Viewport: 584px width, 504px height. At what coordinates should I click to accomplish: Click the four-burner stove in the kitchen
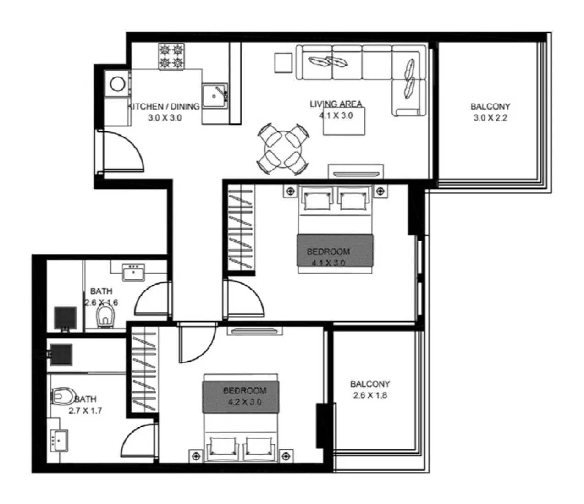(x=171, y=57)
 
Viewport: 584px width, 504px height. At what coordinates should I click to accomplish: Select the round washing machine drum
(x=117, y=84)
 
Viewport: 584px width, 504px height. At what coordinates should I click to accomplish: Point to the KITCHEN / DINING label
(x=164, y=106)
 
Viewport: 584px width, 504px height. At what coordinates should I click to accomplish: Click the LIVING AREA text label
(x=336, y=104)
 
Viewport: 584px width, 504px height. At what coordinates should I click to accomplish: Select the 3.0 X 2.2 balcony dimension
(x=490, y=117)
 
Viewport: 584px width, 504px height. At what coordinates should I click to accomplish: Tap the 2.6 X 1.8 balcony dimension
(x=370, y=395)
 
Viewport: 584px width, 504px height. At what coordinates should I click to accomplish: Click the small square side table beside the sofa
(x=283, y=63)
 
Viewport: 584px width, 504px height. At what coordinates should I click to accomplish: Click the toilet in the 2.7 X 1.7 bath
(x=63, y=395)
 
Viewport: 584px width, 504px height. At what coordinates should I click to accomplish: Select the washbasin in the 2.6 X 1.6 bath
(x=133, y=272)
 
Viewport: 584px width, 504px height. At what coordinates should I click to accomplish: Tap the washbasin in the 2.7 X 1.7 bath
(x=59, y=441)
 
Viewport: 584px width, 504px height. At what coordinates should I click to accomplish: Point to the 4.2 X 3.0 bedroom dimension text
(x=245, y=402)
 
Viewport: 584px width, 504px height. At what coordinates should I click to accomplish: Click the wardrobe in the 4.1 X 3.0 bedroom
(x=240, y=229)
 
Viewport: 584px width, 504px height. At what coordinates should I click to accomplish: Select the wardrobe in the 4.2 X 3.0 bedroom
(x=144, y=369)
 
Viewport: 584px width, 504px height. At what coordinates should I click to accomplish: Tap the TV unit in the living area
(x=356, y=172)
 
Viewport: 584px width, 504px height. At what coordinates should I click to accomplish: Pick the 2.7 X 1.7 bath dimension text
(x=85, y=411)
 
